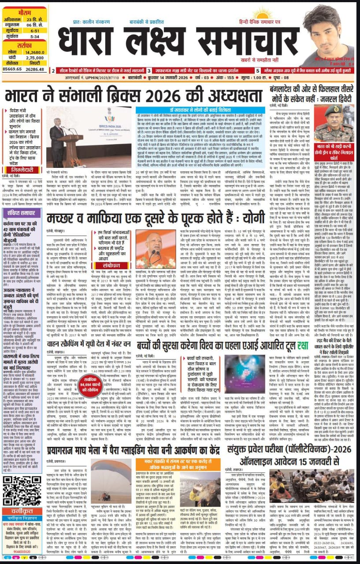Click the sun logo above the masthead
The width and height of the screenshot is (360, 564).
[x=263, y=13]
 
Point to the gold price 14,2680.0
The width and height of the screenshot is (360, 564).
[x=36, y=52]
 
